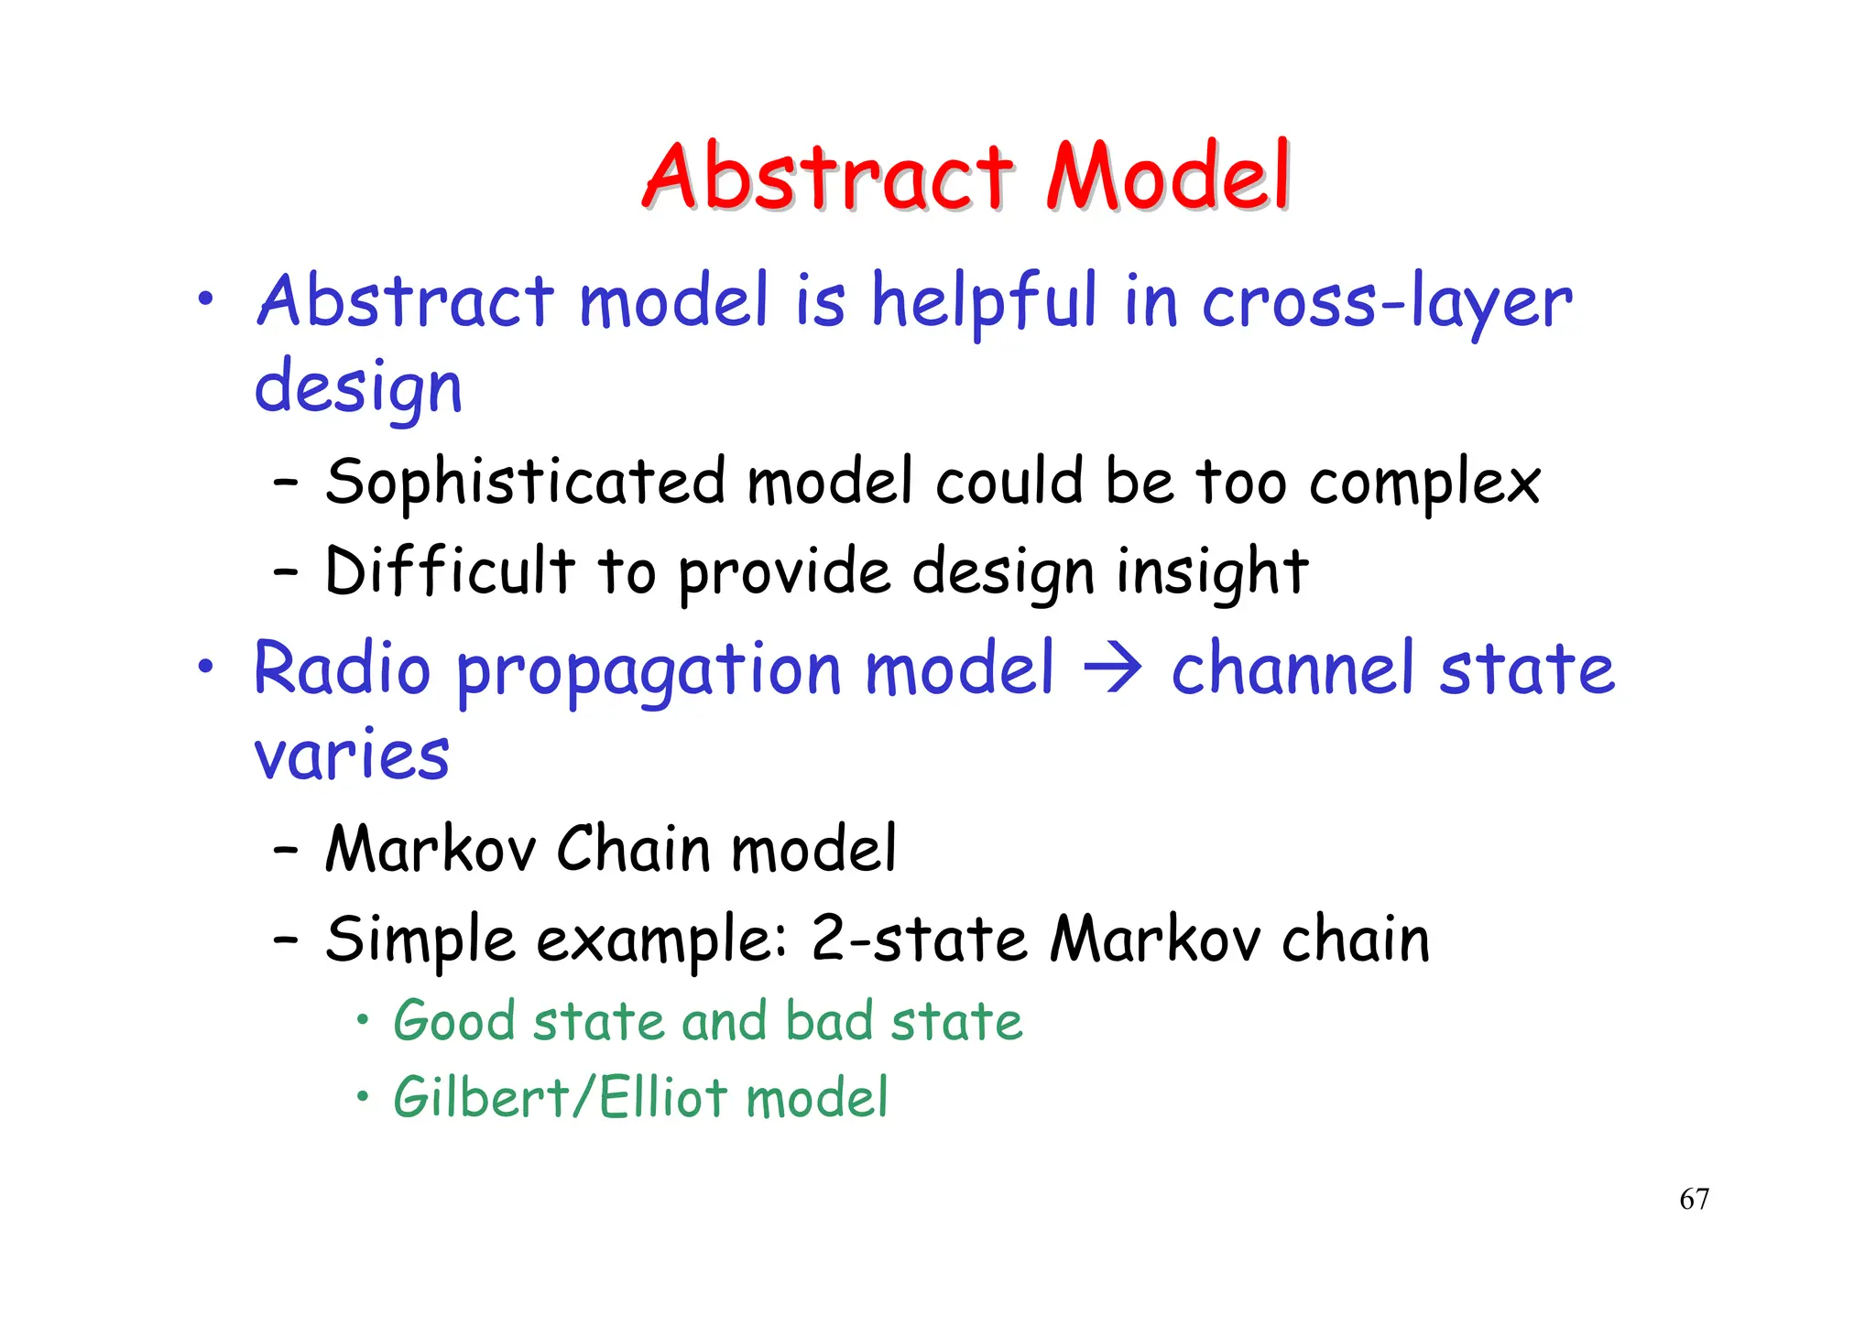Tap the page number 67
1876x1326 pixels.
[x=1694, y=1199]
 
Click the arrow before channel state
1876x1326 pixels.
[x=1112, y=669]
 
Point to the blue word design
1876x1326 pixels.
[x=358, y=387]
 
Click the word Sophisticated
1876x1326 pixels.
[x=526, y=482]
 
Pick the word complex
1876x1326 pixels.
[x=1424, y=484]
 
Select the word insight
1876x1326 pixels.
[x=1212, y=572]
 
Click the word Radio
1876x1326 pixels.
[x=343, y=668]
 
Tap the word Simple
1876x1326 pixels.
[x=420, y=941]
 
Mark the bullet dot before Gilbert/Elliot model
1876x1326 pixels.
[x=364, y=1095]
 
